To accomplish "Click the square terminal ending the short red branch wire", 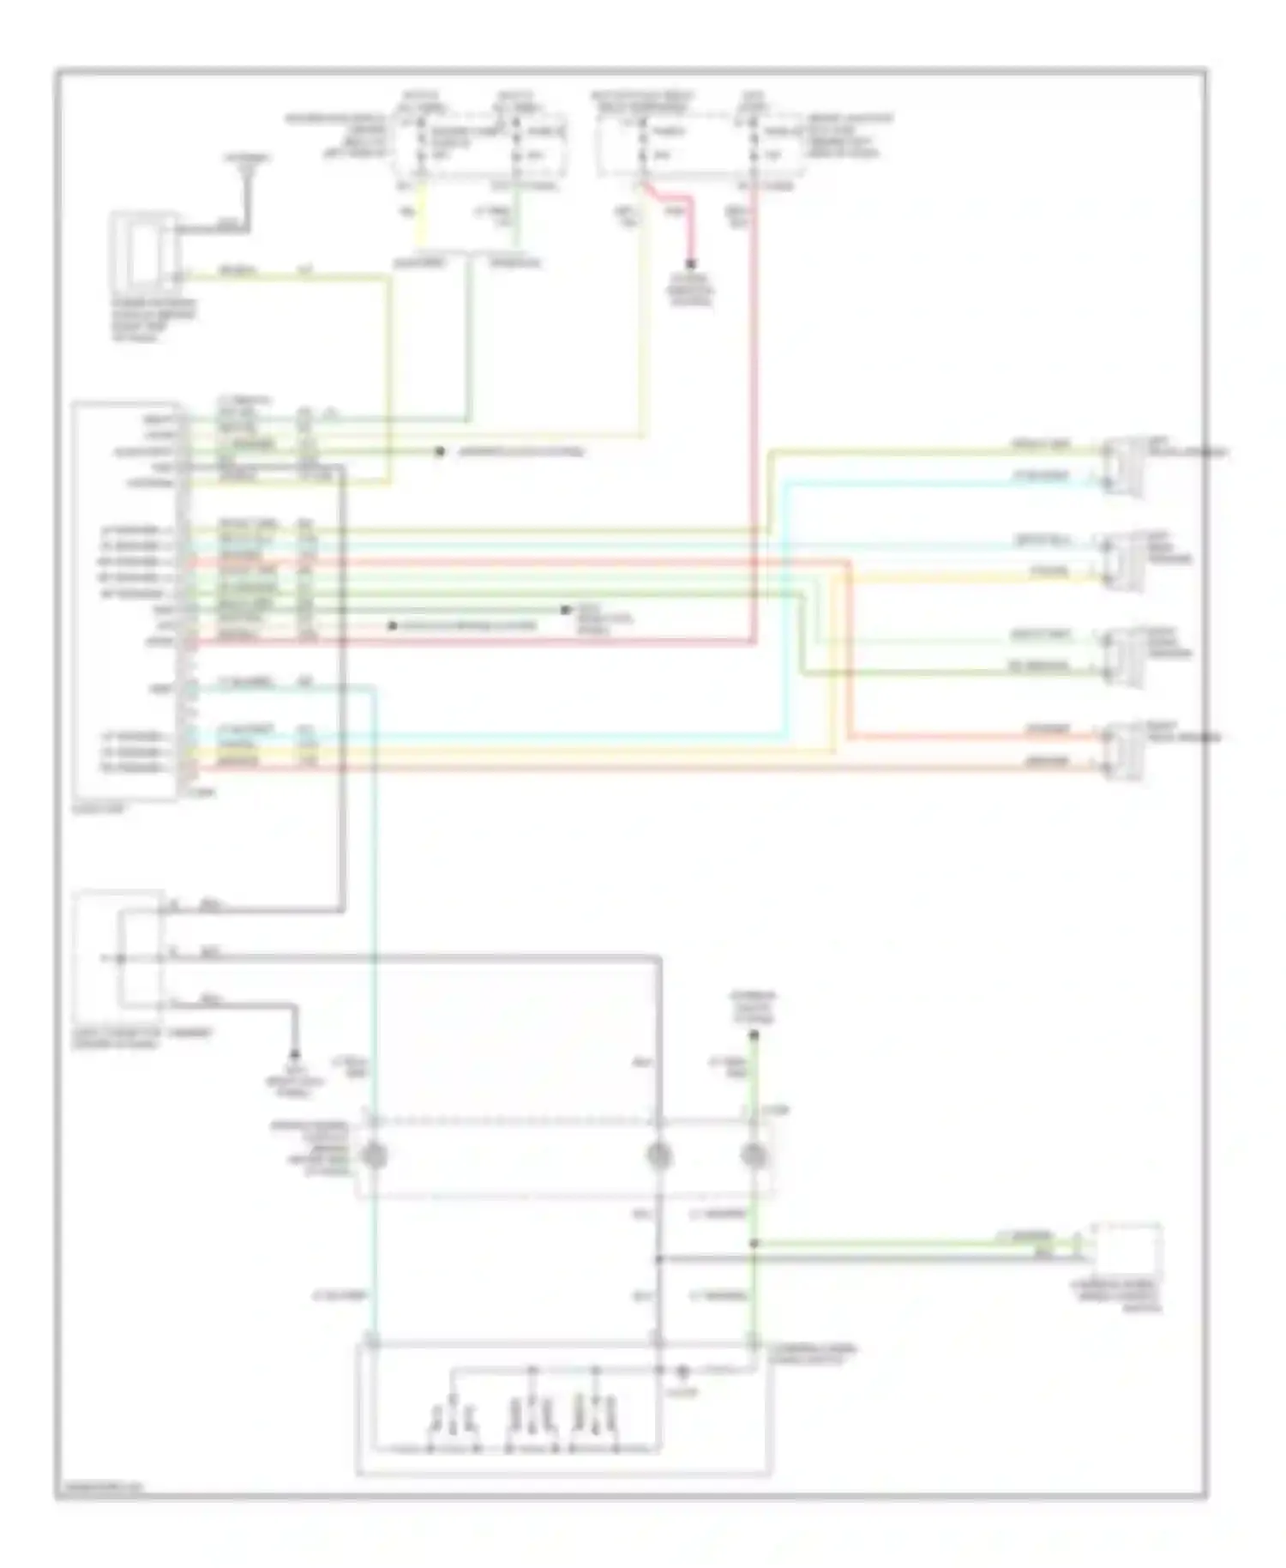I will (x=690, y=265).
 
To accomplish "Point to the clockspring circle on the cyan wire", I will (x=374, y=1155).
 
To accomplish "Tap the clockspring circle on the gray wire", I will (x=658, y=1155).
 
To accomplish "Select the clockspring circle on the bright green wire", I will (x=754, y=1155).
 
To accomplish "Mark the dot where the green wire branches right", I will (x=754, y=1243).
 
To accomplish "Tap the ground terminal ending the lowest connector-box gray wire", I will (x=296, y=1053).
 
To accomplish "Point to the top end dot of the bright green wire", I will (x=754, y=1036).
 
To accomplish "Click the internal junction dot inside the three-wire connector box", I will (x=121, y=956).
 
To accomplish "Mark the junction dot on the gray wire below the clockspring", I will (x=658, y=1258).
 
